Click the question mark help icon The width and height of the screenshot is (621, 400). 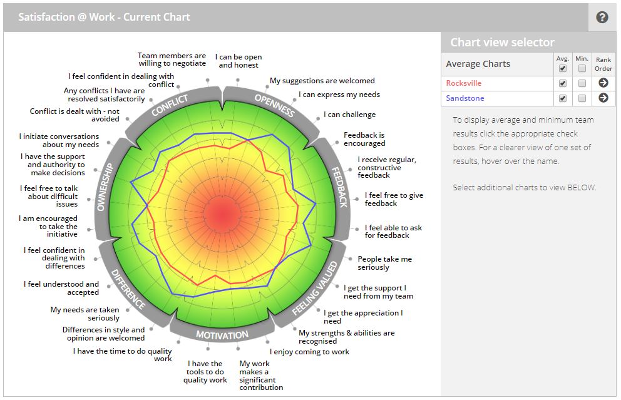[x=602, y=18]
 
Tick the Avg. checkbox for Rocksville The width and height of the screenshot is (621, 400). [x=562, y=83]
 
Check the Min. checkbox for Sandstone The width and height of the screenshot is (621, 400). [x=582, y=98]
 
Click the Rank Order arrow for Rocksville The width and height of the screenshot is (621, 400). [x=603, y=83]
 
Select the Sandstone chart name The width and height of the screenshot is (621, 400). [x=465, y=98]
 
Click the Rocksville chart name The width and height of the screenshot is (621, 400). [x=464, y=83]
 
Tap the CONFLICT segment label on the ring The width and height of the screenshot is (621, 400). [x=170, y=105]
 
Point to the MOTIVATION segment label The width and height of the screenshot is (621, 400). [x=222, y=335]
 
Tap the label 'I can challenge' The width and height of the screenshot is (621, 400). [x=349, y=115]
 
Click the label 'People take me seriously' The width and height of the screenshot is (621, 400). [x=384, y=263]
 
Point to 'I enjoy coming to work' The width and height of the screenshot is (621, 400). [x=309, y=352]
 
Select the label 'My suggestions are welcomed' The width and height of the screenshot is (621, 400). [x=322, y=81]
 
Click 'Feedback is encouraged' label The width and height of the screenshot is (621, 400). [x=364, y=139]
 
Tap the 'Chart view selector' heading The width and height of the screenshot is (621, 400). [x=502, y=43]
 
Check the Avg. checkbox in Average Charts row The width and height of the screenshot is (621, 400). [x=562, y=68]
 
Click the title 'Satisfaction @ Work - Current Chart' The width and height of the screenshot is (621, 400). [x=104, y=17]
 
